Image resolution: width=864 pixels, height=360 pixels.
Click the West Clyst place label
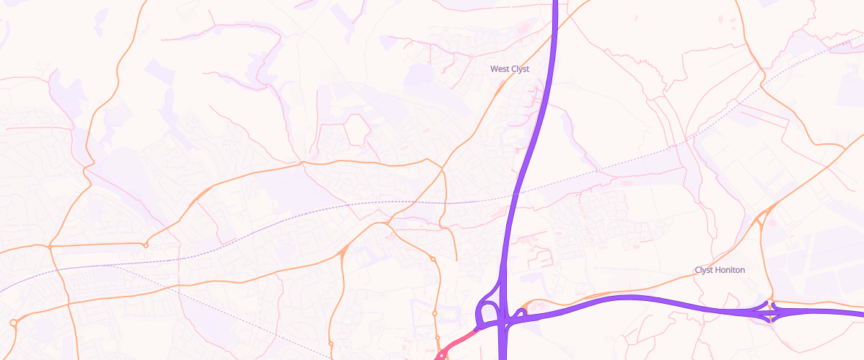coord(509,69)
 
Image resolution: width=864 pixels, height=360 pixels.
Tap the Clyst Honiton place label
coord(719,270)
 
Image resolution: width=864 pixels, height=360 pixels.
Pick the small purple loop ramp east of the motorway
coord(520,313)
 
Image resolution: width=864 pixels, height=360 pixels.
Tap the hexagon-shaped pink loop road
coord(356,130)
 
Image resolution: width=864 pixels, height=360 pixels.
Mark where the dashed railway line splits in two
coord(108,265)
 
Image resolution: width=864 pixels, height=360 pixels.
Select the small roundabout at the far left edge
coord(13,322)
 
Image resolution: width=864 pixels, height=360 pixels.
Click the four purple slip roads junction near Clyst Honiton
coord(770,312)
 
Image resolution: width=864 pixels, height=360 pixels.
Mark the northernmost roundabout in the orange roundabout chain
coord(433,259)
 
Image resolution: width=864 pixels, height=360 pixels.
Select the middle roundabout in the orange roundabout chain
coord(435,314)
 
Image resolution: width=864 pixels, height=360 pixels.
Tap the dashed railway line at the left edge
coord(4,289)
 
